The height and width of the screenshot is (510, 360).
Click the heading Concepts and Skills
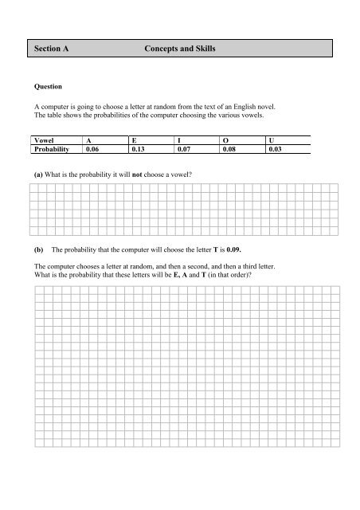click(180, 49)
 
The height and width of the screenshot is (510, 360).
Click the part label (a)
click(39, 173)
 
